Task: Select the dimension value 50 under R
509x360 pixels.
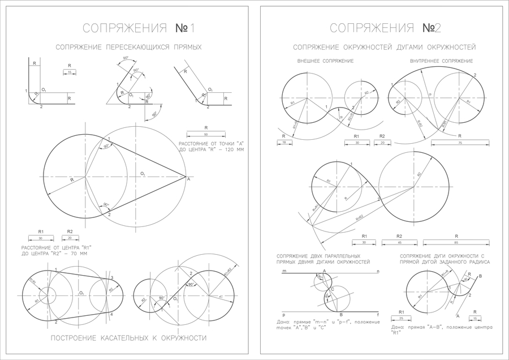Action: pos(206,135)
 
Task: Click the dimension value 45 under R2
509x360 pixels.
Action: pos(399,243)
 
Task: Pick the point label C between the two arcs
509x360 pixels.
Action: pos(333,289)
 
